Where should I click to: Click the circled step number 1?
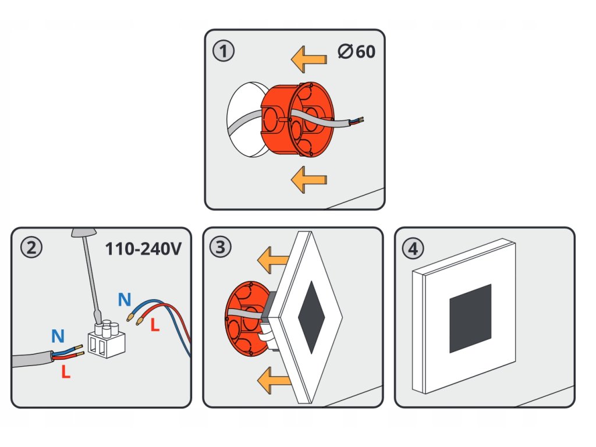pyautogui.click(x=223, y=51)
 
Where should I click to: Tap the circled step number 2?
pyautogui.click(x=31, y=248)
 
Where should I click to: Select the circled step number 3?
pyautogui.click(x=219, y=247)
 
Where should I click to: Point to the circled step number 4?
pyautogui.click(x=413, y=249)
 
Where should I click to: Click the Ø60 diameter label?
pyautogui.click(x=356, y=51)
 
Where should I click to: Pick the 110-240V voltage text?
pyautogui.click(x=144, y=249)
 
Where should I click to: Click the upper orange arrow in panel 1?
pyautogui.click(x=308, y=59)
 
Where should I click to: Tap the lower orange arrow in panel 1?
pyautogui.click(x=308, y=178)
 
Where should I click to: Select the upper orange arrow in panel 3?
pyautogui.click(x=274, y=260)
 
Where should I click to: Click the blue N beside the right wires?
pyautogui.click(x=124, y=300)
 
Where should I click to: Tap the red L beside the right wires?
pyautogui.click(x=154, y=326)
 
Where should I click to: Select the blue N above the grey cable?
pyautogui.click(x=58, y=336)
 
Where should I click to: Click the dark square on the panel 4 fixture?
pyautogui.click(x=470, y=318)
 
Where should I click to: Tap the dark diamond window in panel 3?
pyautogui.click(x=313, y=318)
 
